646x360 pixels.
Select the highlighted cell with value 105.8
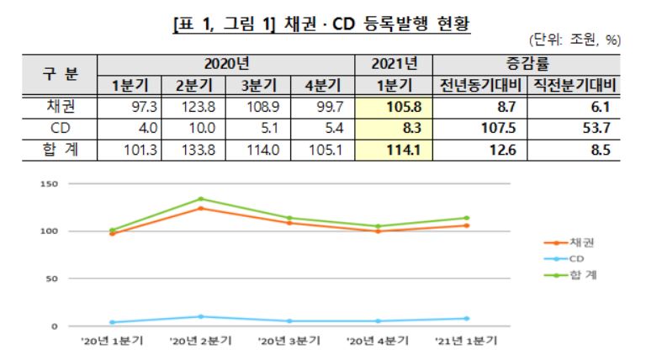393,107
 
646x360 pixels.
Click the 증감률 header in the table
527,63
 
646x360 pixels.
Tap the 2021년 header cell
393,63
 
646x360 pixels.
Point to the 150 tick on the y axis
48,183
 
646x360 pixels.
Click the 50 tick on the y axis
50,278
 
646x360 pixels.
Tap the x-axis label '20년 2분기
201,341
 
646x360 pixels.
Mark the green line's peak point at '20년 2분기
201,199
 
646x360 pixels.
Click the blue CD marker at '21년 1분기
466,318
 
